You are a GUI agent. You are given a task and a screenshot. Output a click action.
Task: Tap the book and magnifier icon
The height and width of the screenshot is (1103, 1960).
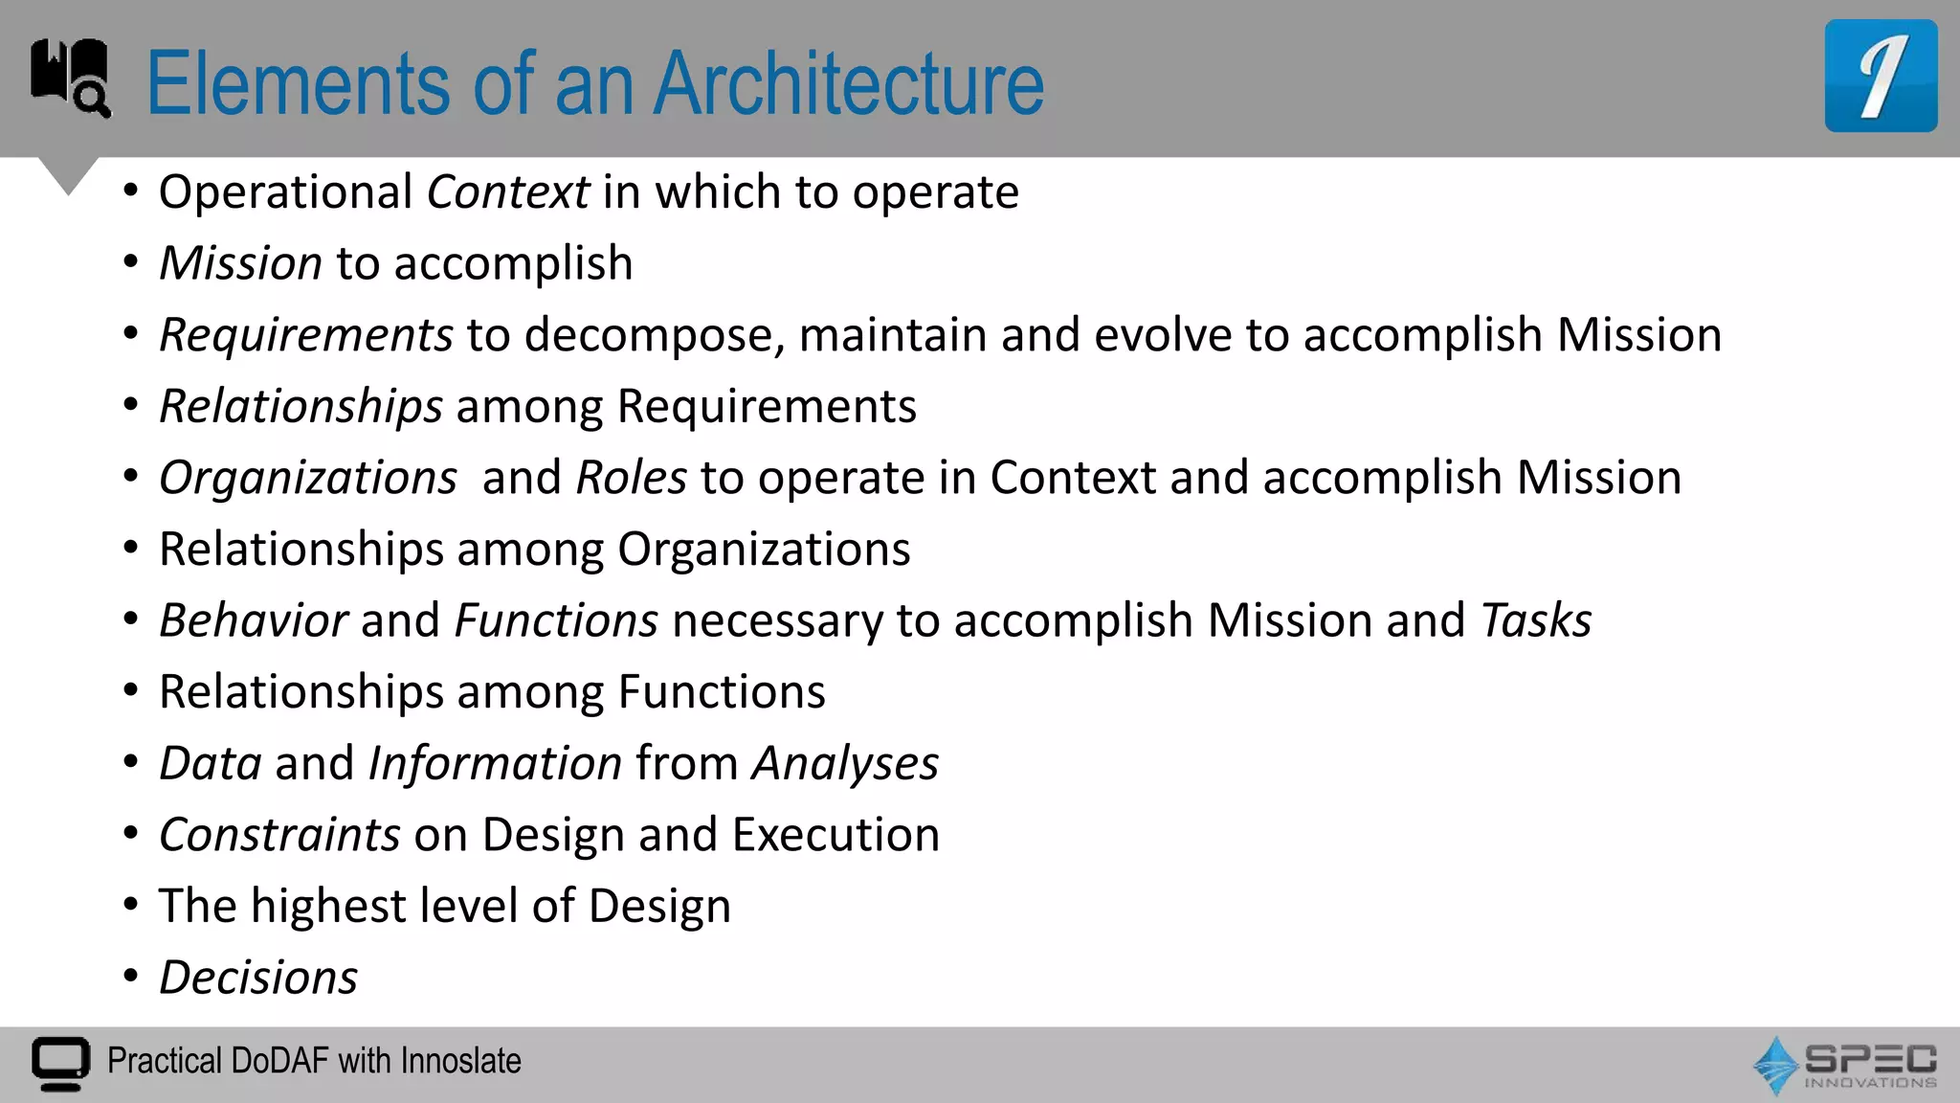(x=70, y=77)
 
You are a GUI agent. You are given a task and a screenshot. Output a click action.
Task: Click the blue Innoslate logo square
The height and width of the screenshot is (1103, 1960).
(x=1881, y=76)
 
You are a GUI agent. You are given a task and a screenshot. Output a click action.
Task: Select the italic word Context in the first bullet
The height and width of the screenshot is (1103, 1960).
(x=507, y=192)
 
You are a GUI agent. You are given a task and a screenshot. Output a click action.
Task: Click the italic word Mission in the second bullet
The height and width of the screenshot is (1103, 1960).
(x=240, y=263)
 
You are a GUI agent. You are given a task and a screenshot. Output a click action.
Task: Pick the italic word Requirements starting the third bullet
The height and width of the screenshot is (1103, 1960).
(x=305, y=335)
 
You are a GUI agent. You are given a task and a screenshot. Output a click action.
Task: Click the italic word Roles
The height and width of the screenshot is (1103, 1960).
(x=632, y=478)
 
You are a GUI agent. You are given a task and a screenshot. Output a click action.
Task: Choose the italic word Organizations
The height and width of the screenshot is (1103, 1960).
(x=308, y=478)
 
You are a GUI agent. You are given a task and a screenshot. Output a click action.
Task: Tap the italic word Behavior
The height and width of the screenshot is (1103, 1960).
(x=253, y=620)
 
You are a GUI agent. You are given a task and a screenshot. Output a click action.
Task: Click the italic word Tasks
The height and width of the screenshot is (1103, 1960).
(x=1535, y=620)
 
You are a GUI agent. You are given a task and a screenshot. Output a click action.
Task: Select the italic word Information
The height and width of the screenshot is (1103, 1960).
(x=495, y=763)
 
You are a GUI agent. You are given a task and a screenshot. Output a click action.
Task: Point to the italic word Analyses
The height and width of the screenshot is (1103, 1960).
(x=844, y=763)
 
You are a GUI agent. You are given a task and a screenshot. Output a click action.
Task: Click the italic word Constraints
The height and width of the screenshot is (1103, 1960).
(x=279, y=835)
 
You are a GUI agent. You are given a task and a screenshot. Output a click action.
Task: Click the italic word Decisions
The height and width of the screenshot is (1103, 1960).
(x=258, y=978)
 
